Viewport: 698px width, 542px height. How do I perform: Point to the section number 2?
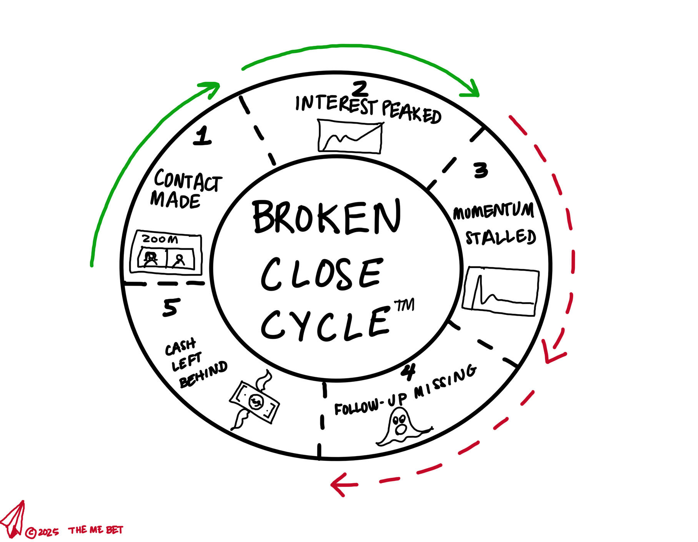click(360, 89)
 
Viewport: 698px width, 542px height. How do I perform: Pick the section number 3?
click(481, 170)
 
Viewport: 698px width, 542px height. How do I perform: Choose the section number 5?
click(171, 308)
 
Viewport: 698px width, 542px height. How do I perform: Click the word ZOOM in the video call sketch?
click(160, 239)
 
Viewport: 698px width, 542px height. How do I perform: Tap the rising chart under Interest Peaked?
click(350, 137)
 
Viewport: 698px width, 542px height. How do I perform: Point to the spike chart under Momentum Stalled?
click(501, 291)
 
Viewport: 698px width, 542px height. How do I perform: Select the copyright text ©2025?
click(42, 532)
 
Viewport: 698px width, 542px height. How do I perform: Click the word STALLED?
click(501, 237)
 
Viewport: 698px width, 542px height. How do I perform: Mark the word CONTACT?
click(188, 180)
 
